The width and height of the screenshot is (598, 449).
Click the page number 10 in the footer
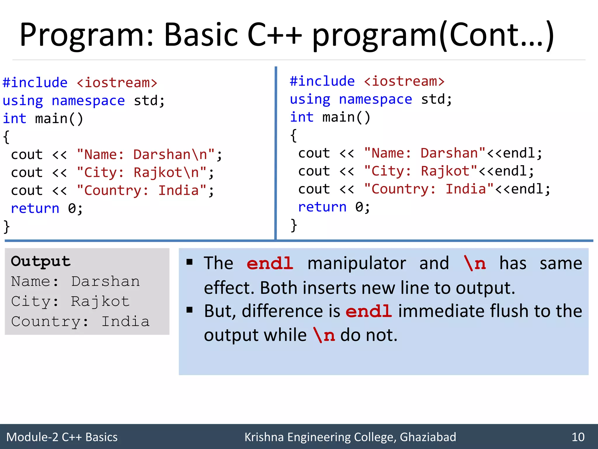point(578,437)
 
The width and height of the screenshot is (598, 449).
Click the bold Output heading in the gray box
point(41,261)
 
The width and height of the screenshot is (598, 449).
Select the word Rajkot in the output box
point(100,301)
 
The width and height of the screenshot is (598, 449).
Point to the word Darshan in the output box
point(105,282)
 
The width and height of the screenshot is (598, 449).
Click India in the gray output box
point(125,322)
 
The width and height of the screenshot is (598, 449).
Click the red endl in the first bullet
point(270,263)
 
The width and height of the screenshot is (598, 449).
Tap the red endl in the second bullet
point(368,311)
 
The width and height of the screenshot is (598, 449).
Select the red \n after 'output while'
point(324,335)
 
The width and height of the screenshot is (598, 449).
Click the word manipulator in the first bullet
point(357,263)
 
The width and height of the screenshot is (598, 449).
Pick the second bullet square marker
point(190,310)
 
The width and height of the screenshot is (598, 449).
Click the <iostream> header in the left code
point(117,83)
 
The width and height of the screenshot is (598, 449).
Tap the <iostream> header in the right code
point(404,81)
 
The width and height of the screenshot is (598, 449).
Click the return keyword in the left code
point(35,208)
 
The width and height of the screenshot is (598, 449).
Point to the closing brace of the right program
point(294,225)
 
